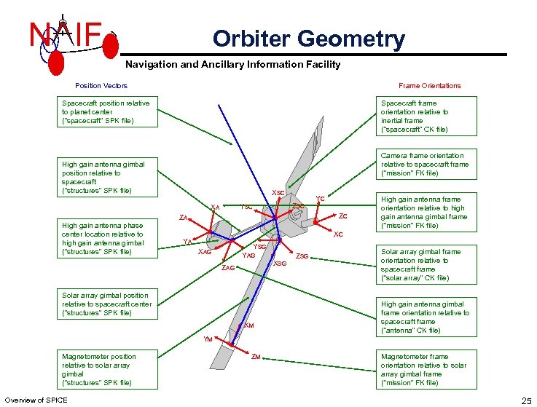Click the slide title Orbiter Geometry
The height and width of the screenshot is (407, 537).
[x=308, y=39]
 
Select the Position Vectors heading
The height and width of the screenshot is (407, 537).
[x=101, y=86]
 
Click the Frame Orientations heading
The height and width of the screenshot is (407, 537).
[x=429, y=86]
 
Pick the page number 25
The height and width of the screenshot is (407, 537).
[x=526, y=400]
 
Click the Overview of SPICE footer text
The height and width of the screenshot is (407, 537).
[x=36, y=400]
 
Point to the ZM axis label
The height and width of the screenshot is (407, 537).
[x=256, y=357]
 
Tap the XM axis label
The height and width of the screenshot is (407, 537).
[x=248, y=325]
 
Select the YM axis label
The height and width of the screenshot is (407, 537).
[x=208, y=339]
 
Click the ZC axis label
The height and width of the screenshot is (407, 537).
[x=342, y=216]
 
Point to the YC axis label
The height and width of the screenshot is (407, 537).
[x=319, y=198]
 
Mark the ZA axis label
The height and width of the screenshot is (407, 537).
[x=184, y=218]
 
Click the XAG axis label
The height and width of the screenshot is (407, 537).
[x=205, y=252]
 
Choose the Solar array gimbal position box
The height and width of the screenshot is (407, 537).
[x=107, y=304]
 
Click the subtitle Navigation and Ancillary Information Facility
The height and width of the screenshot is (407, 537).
[x=233, y=65]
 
